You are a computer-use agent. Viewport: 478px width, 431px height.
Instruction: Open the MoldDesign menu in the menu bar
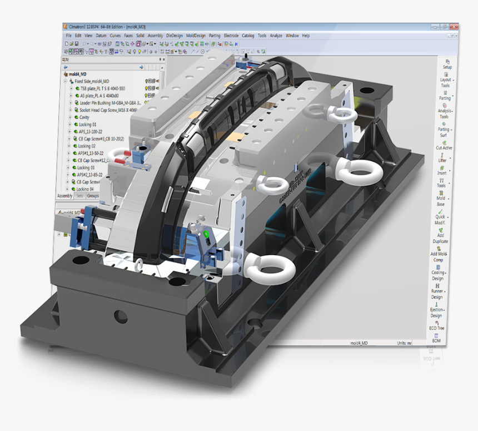196,36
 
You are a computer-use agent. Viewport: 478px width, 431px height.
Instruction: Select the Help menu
306,36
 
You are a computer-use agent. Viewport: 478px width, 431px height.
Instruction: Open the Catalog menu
247,36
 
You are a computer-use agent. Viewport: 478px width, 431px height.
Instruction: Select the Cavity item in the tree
84,117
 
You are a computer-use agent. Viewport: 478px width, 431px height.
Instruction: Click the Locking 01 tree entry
87,125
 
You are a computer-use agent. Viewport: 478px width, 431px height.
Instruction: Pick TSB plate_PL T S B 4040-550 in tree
102,88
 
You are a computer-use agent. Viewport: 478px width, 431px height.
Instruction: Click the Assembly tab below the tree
64,196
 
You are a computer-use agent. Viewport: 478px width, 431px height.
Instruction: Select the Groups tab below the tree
92,196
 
